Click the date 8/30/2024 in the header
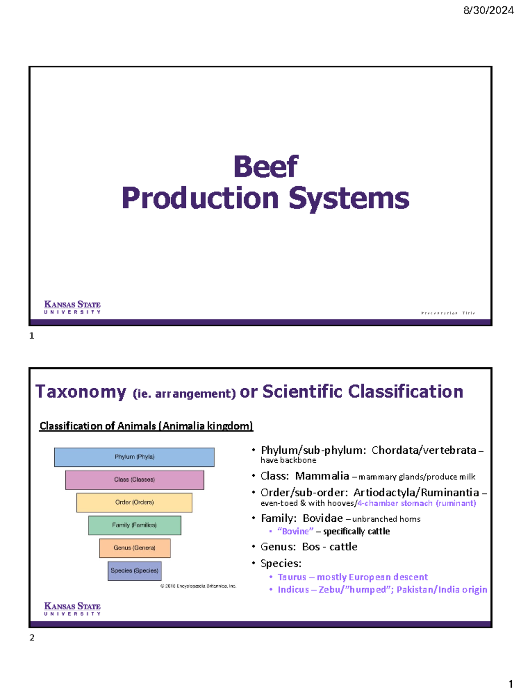tap(488, 10)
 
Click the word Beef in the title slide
tap(266, 167)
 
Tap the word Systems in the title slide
tap(349, 198)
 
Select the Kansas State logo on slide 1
tap(73, 307)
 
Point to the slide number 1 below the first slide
tap(32, 336)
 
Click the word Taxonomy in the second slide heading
tap(81, 392)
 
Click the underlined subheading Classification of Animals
tap(146, 426)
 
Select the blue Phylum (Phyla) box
tap(134, 457)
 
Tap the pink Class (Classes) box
tap(135, 480)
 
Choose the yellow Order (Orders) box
tap(134, 502)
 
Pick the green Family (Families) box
tap(135, 525)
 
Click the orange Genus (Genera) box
tap(135, 548)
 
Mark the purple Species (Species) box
tap(135, 571)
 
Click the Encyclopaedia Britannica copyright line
tap(198, 586)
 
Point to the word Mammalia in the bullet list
tap(322, 476)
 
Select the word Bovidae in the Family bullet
tap(323, 518)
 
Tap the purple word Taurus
tap(292, 577)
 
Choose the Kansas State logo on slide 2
tap(73, 609)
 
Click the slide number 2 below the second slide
tap(32, 638)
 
